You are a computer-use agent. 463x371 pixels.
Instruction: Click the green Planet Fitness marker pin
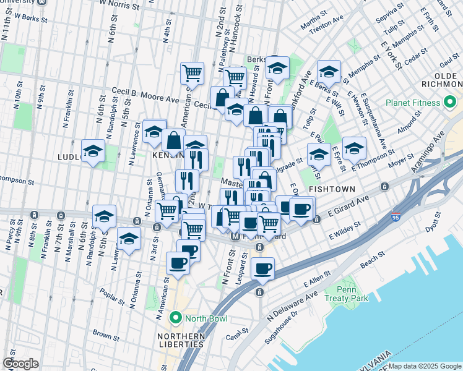(x=451, y=101)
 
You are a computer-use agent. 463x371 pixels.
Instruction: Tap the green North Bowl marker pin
(x=176, y=318)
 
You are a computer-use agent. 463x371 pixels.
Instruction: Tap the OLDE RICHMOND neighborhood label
(x=442, y=80)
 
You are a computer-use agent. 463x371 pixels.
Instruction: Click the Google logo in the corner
(x=20, y=364)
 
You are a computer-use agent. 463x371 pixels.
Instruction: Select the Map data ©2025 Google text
(x=425, y=366)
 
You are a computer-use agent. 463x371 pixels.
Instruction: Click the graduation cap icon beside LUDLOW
(x=93, y=150)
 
